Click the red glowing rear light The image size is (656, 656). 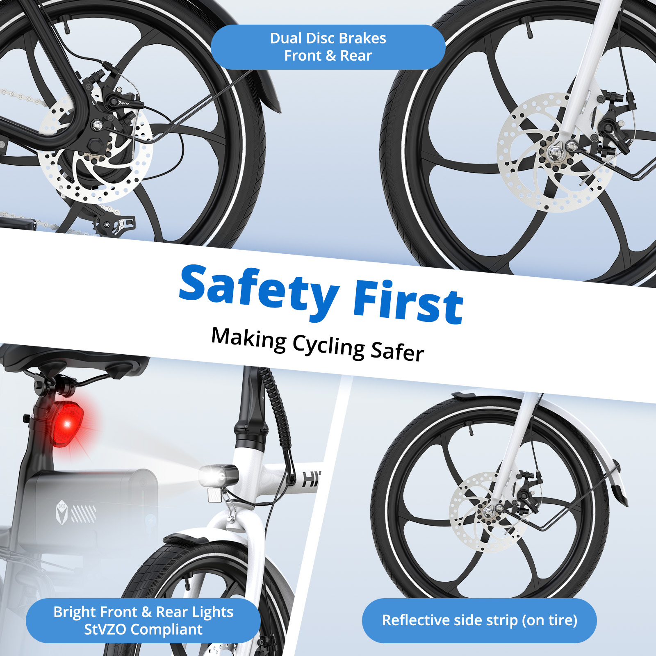tap(66, 424)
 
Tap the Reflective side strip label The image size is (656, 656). tap(479, 620)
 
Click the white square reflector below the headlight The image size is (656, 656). tap(214, 495)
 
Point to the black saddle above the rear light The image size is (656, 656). tap(74, 357)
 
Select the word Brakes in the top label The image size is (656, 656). tap(363, 38)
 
